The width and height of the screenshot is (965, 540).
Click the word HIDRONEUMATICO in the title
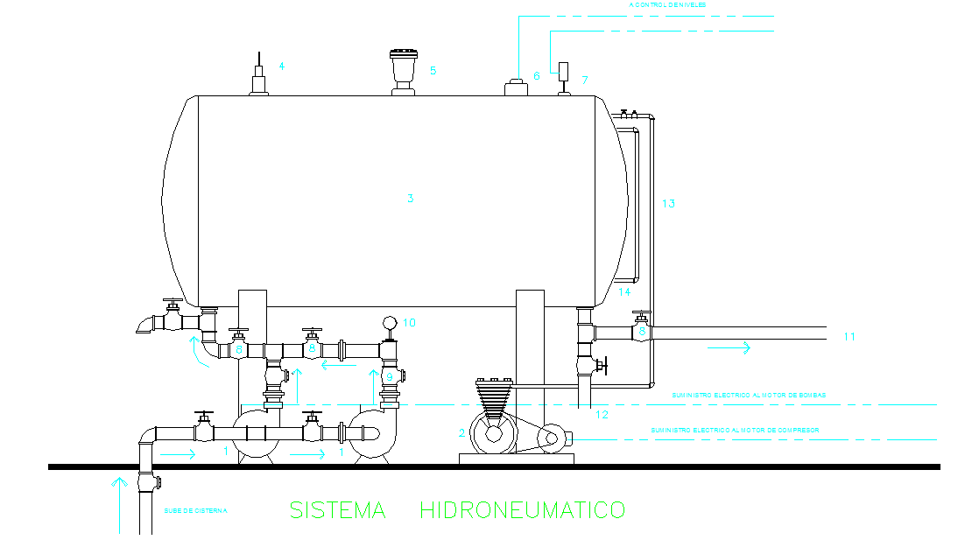coord(523,509)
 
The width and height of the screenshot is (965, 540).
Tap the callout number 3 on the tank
coord(410,199)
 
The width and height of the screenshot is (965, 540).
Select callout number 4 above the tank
coord(282,66)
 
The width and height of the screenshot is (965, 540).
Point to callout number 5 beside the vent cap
coord(433,70)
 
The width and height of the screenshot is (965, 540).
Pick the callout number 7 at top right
coord(586,80)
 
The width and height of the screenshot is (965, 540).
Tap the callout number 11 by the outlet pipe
coord(849,336)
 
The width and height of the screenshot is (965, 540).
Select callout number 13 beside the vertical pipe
coord(668,204)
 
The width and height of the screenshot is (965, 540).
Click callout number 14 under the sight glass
coord(624,291)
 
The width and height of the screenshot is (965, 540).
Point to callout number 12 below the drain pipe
coord(601,414)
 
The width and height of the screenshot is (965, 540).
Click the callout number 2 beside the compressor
coord(462,432)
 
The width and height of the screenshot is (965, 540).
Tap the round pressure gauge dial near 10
coord(388,323)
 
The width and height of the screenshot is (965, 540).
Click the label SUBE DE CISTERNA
coord(195,510)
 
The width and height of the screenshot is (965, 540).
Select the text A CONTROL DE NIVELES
coord(667,5)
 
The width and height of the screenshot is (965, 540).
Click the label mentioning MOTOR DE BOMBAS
coord(749,396)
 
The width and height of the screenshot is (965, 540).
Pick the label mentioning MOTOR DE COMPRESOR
coord(735,430)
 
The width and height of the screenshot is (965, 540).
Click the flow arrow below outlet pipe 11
coord(729,348)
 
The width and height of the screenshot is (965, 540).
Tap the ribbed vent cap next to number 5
coord(403,64)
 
